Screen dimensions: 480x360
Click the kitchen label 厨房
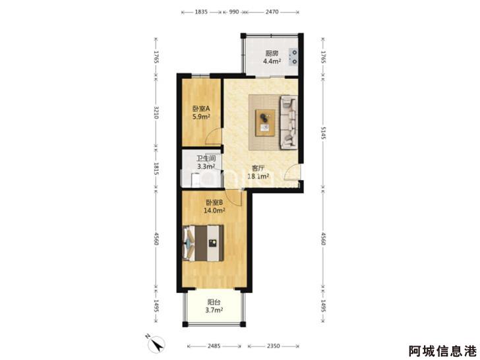(x=272, y=53)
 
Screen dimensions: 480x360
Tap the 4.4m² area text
(x=272, y=61)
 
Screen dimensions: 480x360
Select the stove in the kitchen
(x=293, y=57)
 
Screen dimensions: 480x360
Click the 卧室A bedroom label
(x=201, y=109)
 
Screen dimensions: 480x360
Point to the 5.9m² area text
(x=201, y=117)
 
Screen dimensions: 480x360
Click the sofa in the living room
(x=289, y=122)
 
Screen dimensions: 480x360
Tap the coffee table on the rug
(x=265, y=123)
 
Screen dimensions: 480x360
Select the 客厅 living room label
(x=258, y=168)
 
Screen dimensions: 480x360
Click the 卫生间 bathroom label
(x=206, y=158)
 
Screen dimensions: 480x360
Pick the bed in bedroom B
(x=203, y=243)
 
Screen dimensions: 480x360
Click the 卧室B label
(x=214, y=202)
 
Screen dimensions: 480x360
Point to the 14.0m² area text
(x=214, y=210)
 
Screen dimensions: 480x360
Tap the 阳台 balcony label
(x=214, y=303)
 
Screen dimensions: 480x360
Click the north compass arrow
(x=156, y=344)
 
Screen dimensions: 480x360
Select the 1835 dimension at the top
(x=201, y=12)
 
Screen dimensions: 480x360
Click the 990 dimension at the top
(x=234, y=12)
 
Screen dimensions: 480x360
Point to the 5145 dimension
(x=323, y=133)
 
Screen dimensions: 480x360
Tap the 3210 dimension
(x=156, y=113)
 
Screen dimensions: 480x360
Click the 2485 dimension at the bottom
(x=214, y=346)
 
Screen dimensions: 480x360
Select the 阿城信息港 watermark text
(x=443, y=351)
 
